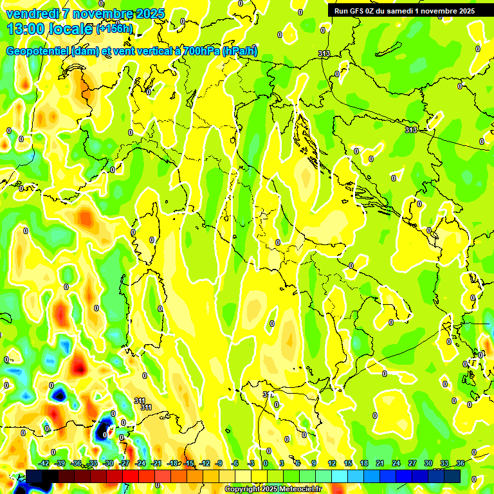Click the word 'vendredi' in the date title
click(32, 14)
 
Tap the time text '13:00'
click(26, 29)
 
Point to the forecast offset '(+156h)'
click(114, 29)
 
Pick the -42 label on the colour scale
click(44, 463)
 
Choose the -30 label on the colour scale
click(109, 463)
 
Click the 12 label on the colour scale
click(332, 463)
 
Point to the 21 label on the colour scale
click(380, 463)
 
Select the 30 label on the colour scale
click(428, 463)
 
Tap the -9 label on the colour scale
click(219, 463)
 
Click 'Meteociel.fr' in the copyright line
click(300, 489)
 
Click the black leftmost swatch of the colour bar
click(34, 476)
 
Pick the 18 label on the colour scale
click(364, 463)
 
